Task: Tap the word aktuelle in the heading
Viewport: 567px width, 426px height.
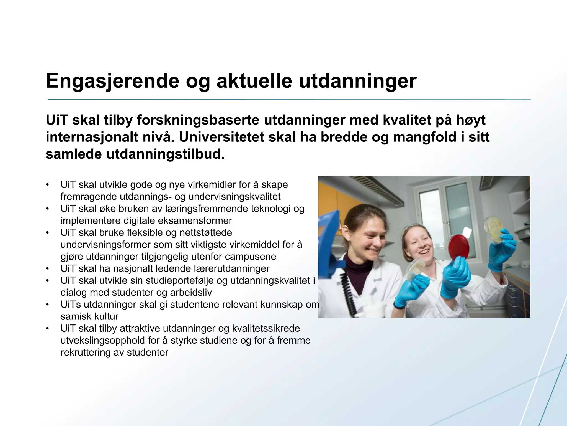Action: [254, 81]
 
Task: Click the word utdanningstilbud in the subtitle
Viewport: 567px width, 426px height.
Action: [166, 154]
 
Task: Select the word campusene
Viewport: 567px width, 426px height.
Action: [251, 256]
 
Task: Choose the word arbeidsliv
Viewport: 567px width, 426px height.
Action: [191, 292]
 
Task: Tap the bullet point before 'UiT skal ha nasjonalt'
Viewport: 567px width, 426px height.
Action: [48, 268]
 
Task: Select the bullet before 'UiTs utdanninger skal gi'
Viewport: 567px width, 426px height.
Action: [48, 305]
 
